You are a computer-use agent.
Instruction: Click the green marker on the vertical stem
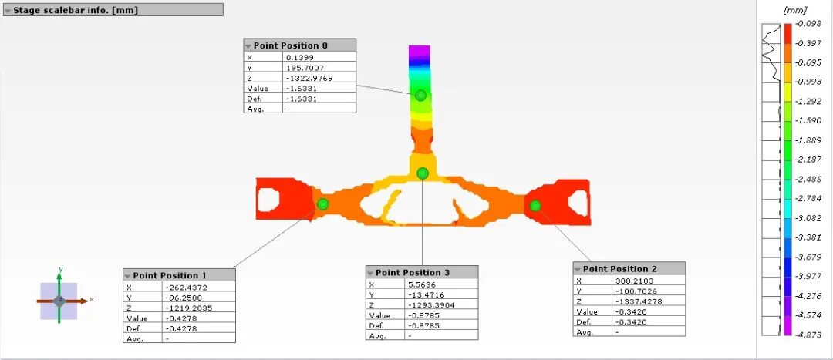(421, 96)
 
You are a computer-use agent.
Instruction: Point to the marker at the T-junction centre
(423, 173)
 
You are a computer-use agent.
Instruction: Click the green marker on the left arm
(322, 204)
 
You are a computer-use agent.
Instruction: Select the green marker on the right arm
(535, 206)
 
